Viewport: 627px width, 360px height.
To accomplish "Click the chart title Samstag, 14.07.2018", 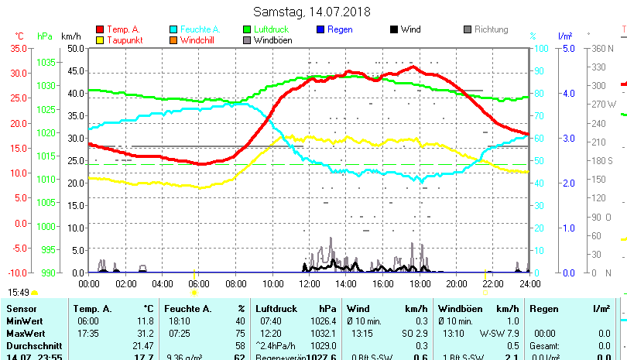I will (312, 12).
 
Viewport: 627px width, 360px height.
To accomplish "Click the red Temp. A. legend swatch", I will (100, 29).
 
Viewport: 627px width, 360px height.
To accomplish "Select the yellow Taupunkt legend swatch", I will (100, 40).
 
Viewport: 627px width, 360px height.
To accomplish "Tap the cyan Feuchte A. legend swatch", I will (173, 29).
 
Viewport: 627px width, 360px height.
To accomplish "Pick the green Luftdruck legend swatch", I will (247, 29).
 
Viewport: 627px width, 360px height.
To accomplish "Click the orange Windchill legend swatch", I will (173, 40).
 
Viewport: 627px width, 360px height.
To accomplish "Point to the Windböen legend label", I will (273, 40).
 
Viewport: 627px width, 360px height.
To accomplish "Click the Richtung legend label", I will (492, 29).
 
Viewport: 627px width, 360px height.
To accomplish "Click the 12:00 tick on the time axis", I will (310, 284).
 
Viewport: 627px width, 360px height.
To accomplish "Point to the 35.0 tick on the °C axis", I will (18, 48).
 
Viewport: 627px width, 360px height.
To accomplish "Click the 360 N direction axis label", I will (602, 48).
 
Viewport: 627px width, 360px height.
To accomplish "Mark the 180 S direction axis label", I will (602, 160).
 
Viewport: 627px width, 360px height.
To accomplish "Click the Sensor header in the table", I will (22, 309).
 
